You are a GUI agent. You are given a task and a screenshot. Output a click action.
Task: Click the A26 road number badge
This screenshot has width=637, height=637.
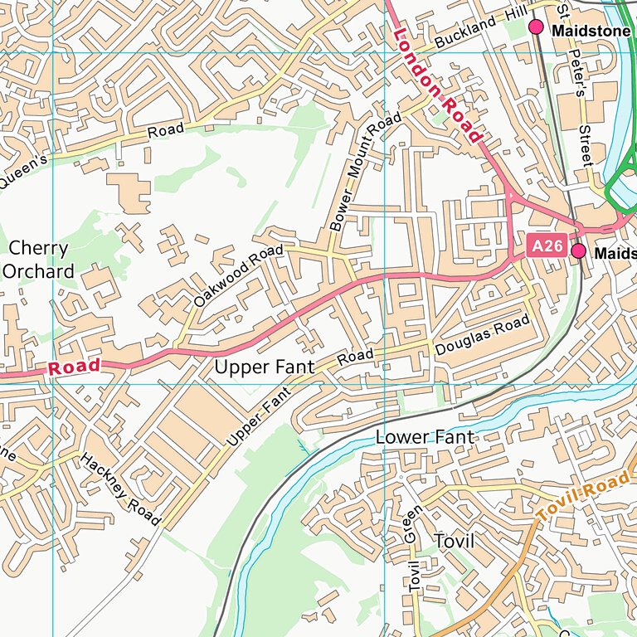(547, 246)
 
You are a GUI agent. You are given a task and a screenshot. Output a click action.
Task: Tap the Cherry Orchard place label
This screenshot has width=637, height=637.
(39, 260)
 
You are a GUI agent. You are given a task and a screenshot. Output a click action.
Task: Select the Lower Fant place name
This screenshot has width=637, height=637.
(425, 436)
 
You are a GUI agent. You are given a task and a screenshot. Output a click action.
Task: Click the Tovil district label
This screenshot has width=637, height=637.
(454, 542)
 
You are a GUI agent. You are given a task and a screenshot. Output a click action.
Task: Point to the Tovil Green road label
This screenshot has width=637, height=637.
(413, 548)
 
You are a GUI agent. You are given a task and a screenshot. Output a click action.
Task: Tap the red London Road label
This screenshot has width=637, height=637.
(438, 85)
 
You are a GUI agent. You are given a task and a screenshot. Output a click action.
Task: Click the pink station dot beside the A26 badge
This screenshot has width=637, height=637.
(578, 250)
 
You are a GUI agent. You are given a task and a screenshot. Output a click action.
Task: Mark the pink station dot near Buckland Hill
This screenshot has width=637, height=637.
(536, 27)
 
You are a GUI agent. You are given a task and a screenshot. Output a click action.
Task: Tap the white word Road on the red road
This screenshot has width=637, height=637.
(74, 367)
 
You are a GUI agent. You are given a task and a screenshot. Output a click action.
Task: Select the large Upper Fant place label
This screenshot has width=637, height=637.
(265, 367)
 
